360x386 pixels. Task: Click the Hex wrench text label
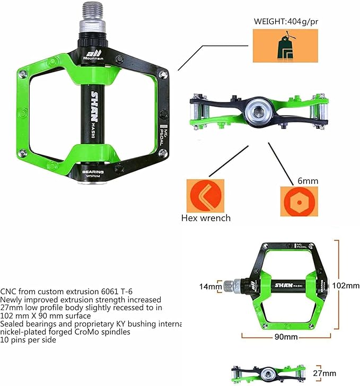206,217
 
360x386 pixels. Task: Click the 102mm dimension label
345,285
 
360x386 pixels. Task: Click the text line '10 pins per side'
28,340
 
